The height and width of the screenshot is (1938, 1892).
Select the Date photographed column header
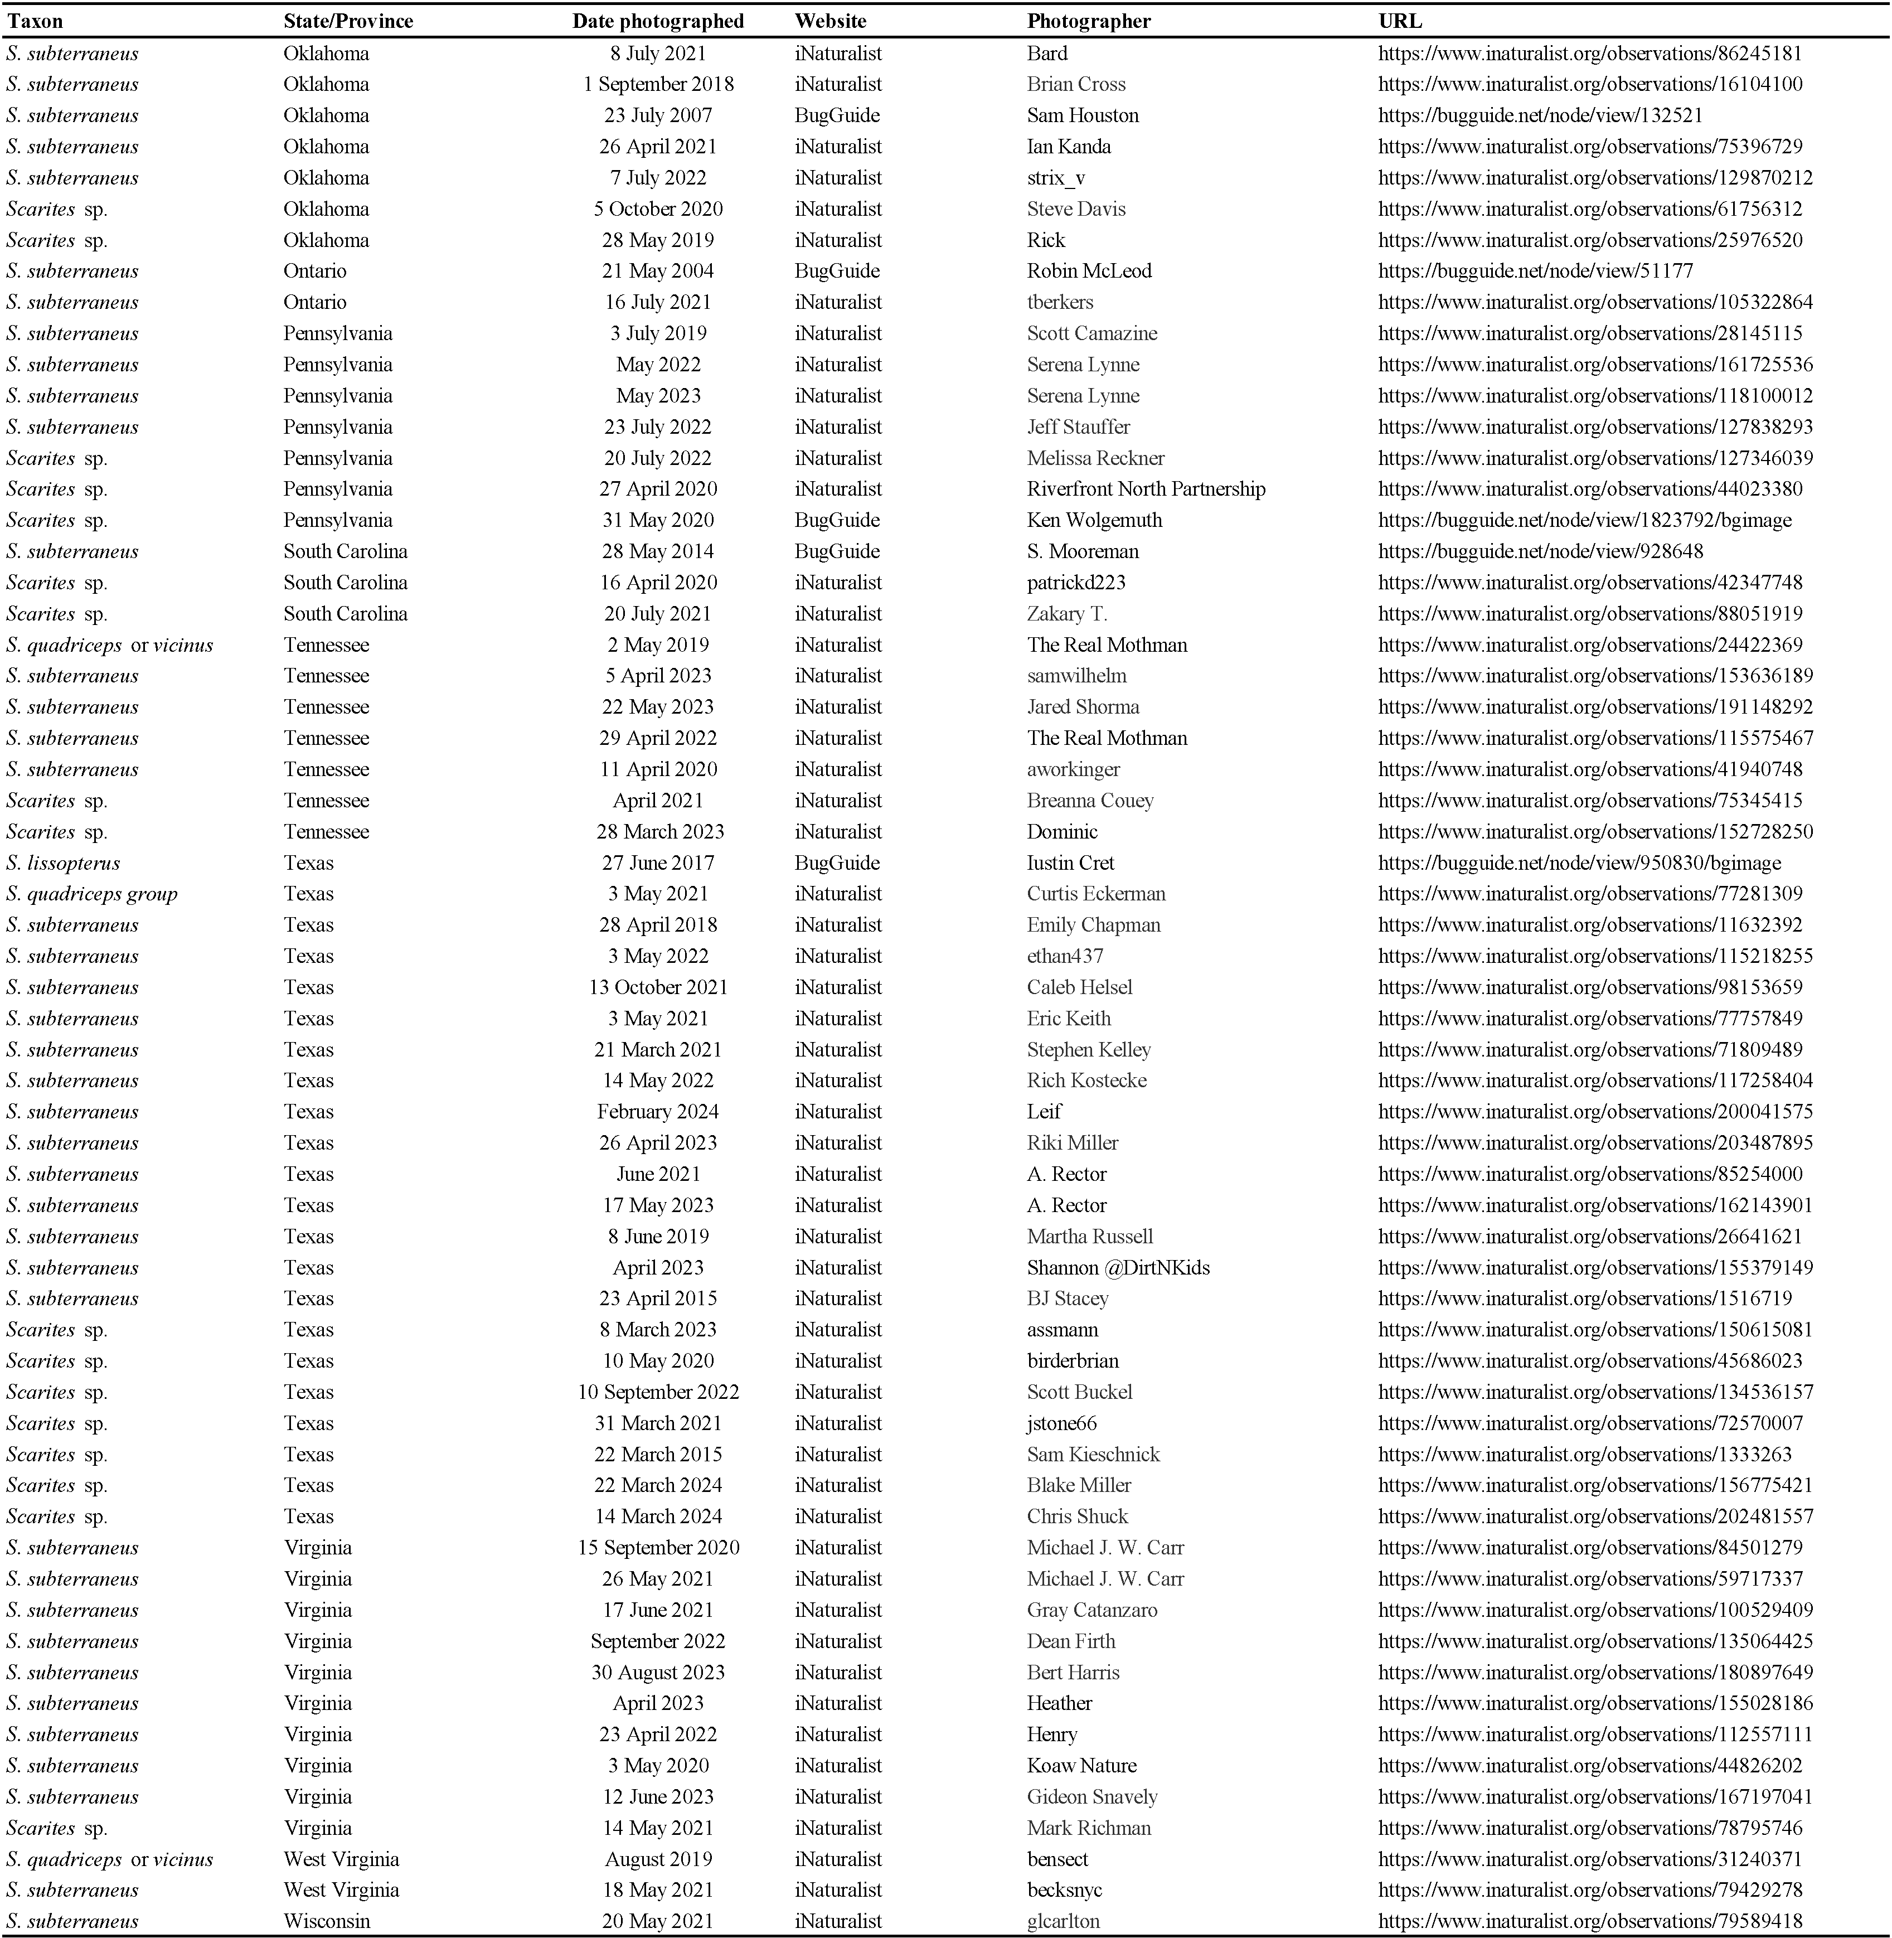(x=658, y=21)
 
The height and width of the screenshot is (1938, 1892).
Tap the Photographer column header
(x=1089, y=21)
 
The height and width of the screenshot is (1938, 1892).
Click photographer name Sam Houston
(x=1082, y=115)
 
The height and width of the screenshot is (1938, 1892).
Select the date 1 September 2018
(x=658, y=85)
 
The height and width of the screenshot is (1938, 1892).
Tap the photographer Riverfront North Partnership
(x=1146, y=489)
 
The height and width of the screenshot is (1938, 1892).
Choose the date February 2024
(x=658, y=1111)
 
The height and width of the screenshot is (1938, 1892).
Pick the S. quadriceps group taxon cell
(x=91, y=894)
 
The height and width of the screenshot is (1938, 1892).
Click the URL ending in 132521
(x=1540, y=115)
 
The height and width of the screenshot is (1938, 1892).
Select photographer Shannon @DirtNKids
(x=1118, y=1267)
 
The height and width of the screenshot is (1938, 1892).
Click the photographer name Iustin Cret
(x=1070, y=863)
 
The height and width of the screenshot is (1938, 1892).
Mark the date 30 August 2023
(x=658, y=1671)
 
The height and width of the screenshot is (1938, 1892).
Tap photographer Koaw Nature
(x=1081, y=1765)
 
